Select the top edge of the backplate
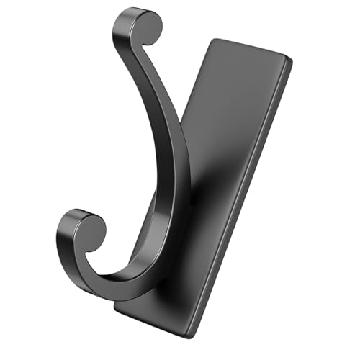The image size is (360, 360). click(x=252, y=50)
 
